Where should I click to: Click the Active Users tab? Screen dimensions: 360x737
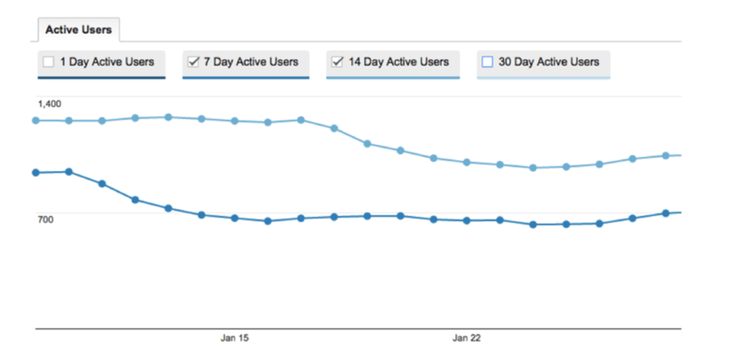point(79,29)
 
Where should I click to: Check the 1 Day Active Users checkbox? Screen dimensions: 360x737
point(48,62)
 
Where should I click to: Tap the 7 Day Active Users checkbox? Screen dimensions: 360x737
point(193,62)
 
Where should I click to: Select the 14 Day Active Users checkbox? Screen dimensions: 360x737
point(337,62)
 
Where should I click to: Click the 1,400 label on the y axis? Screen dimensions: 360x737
point(49,103)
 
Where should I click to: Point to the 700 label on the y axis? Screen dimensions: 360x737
point(45,219)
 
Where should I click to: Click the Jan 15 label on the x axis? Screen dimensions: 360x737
point(235,338)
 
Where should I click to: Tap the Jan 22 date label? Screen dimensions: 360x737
point(467,338)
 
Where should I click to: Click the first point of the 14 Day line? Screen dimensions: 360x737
point(36,120)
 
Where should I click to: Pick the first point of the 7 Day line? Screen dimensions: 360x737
point(36,173)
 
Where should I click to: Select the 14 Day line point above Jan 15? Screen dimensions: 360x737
point(235,121)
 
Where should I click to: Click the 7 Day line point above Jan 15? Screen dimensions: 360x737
point(235,218)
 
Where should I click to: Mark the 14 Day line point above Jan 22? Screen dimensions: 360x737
point(467,162)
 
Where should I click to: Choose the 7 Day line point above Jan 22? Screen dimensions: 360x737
point(467,221)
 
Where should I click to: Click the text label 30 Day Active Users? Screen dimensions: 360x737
point(548,62)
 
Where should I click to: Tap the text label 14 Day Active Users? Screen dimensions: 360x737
point(399,62)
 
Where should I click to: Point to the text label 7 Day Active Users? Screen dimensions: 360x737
point(251,62)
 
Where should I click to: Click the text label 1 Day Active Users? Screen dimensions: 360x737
point(107,62)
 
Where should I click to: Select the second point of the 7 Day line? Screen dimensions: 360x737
point(69,172)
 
